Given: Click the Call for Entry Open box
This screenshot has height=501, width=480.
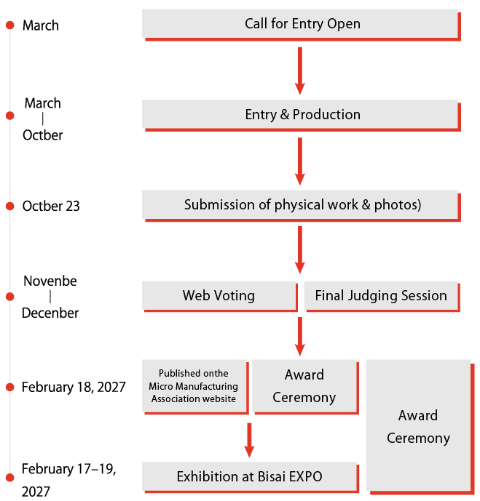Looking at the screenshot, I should click(x=299, y=23).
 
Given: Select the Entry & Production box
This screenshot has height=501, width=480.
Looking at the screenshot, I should click(x=299, y=114).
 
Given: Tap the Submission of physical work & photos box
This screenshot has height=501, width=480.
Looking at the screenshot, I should click(x=299, y=205).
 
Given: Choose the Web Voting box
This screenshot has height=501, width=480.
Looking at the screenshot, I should click(x=219, y=295).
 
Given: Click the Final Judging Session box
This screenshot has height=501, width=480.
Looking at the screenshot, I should click(x=380, y=295).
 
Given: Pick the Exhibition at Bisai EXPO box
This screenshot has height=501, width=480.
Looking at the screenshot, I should click(x=249, y=477).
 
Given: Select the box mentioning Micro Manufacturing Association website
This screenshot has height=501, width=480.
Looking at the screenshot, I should click(x=194, y=386).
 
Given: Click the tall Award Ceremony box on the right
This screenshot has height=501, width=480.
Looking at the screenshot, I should click(x=418, y=425).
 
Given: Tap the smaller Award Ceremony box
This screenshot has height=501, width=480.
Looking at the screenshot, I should click(x=304, y=386).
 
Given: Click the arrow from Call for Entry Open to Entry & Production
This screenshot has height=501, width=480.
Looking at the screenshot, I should click(x=299, y=69).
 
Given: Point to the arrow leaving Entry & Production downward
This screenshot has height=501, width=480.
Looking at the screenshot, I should click(x=299, y=160).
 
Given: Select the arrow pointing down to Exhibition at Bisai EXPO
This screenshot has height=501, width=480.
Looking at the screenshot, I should click(x=249, y=439).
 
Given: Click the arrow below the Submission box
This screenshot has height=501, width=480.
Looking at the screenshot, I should click(x=299, y=250).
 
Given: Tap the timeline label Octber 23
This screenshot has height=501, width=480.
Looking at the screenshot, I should click(x=51, y=206).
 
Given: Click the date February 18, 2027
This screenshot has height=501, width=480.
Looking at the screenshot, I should click(x=74, y=387).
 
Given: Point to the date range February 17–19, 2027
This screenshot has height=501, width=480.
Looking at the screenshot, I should click(x=68, y=480).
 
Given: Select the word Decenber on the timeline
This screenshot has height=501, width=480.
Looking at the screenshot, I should click(x=50, y=313).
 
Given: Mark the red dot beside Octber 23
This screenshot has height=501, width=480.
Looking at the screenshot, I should click(x=10, y=207).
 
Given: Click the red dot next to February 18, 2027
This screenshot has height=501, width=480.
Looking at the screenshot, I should click(x=10, y=387).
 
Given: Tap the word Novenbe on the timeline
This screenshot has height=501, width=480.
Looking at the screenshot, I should click(x=50, y=281).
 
